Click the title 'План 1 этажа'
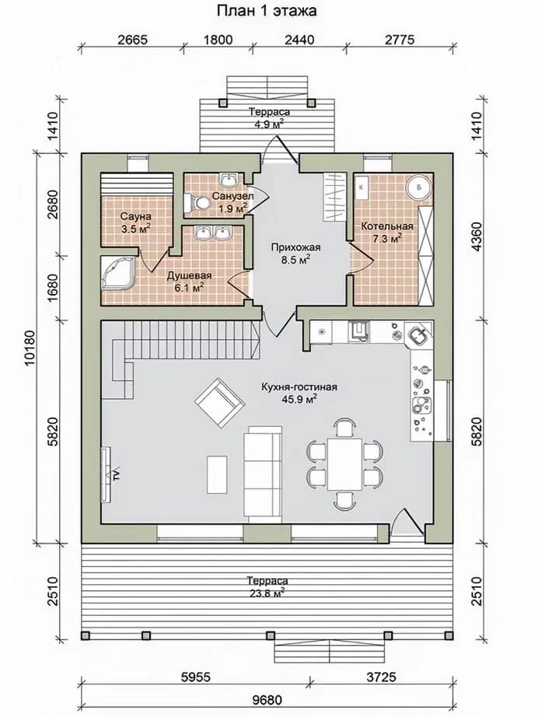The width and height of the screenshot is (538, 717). click(x=267, y=11)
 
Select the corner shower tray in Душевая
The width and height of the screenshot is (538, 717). click(x=117, y=273)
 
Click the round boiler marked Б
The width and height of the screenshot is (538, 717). click(x=419, y=187)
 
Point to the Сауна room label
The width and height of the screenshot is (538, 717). click(x=136, y=216)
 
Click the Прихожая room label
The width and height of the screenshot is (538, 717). click(x=295, y=247)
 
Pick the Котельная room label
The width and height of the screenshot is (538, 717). click(x=387, y=226)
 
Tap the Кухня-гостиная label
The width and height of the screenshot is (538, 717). click(x=299, y=387)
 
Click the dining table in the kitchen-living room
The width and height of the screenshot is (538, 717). click(x=344, y=463)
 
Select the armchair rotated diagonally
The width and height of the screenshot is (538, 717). click(x=219, y=401)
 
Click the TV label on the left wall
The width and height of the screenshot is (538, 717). click(x=117, y=474)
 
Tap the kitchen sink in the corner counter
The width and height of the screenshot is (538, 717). click(x=420, y=337)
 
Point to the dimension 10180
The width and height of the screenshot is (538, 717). click(x=30, y=348)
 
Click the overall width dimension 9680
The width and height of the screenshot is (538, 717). click(x=267, y=700)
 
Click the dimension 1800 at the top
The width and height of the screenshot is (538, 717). click(x=217, y=40)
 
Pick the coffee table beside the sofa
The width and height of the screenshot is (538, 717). click(x=217, y=474)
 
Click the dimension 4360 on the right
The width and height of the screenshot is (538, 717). click(x=478, y=236)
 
